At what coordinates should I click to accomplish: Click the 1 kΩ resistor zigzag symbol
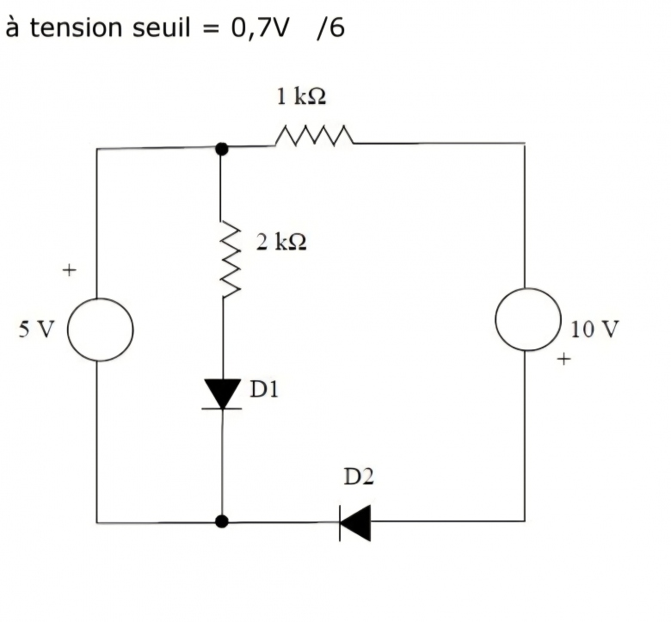point(313,136)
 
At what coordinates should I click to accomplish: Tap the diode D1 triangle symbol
point(223,394)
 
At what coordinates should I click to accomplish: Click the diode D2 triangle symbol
point(355,522)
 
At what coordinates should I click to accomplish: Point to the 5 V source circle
point(101,329)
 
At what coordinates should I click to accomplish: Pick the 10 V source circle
point(528,319)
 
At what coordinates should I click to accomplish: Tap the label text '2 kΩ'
point(281,242)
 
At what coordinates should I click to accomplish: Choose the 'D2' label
point(360,476)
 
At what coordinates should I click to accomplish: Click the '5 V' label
point(37,329)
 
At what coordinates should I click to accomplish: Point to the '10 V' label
point(594,329)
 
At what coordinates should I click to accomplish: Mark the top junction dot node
point(222,148)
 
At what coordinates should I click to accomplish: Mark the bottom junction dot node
point(222,521)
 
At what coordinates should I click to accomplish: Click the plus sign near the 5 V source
point(69,271)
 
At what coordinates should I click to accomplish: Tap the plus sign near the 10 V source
point(563,359)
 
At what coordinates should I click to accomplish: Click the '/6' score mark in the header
point(330,28)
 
